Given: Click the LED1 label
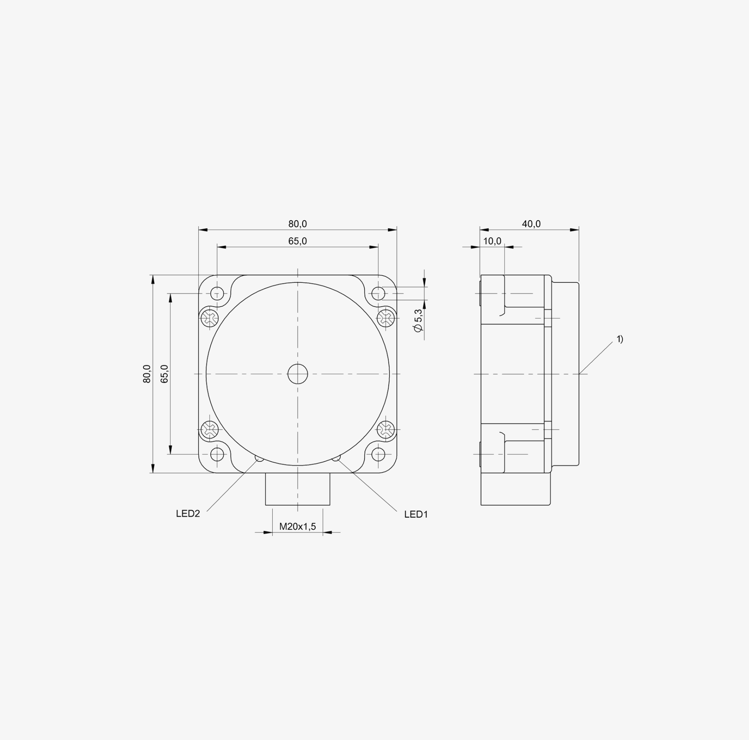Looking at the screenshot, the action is pos(416,514).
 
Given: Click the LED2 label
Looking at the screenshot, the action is pos(188,514).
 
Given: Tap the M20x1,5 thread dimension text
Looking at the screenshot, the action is pos(297,526).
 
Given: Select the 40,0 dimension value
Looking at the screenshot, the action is pos(531,224).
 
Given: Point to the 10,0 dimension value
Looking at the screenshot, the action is pos(492,241).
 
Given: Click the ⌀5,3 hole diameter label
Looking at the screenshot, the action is pos(418,320).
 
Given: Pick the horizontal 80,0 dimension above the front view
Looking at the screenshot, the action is pos(297,224).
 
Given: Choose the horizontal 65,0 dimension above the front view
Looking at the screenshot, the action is pos(297,241).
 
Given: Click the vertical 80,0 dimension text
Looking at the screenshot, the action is pos(147,374).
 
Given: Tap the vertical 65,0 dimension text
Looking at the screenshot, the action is pos(165,374).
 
